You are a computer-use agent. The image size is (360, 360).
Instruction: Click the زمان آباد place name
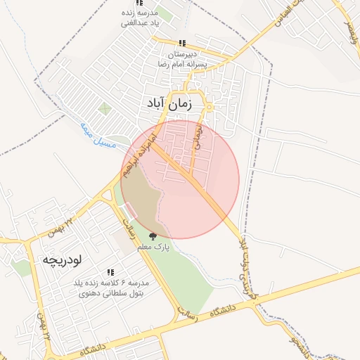169,103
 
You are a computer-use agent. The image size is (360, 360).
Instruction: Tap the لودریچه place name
63,259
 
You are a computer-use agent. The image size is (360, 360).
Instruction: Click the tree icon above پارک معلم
153,236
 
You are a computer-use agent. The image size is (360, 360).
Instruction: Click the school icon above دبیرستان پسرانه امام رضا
183,43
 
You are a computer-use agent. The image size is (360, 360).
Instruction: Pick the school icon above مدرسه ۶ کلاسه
110,272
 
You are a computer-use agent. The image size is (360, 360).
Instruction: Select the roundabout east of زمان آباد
209,107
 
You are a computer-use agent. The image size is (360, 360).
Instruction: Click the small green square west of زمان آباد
105,108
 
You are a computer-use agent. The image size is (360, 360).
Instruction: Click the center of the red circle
180,179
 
